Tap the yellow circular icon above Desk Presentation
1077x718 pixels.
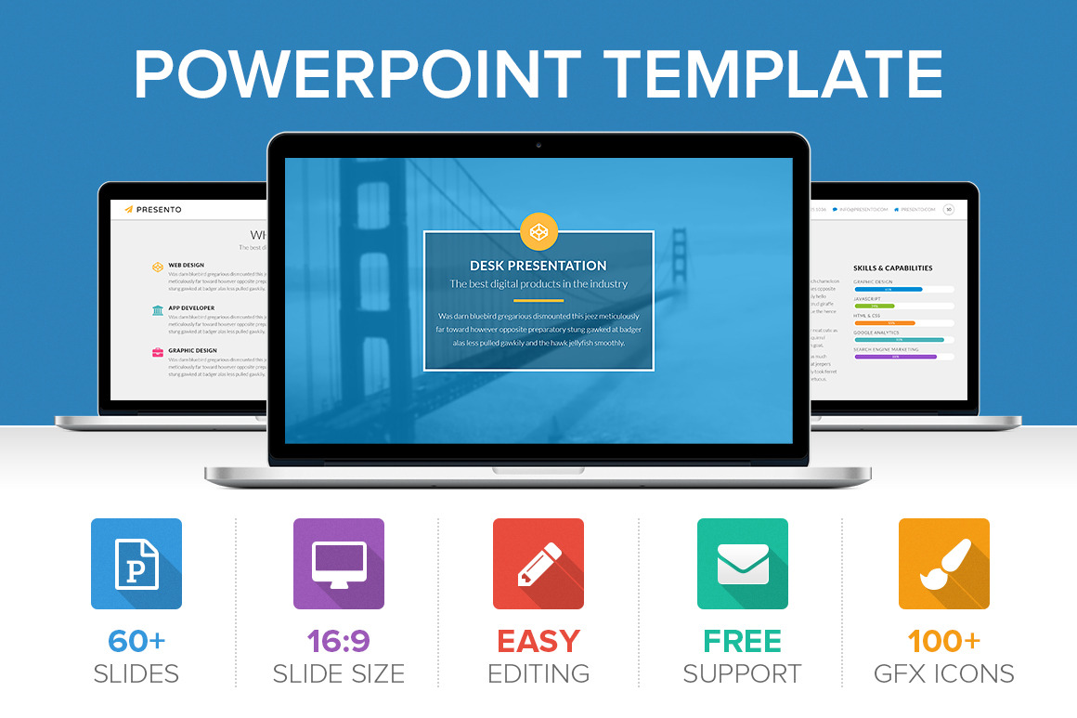[x=538, y=231]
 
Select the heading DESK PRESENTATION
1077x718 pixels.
[x=538, y=266]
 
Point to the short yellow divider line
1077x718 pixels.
[x=538, y=301]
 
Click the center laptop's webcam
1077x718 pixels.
[x=538, y=146]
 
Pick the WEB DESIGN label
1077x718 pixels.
[x=187, y=266]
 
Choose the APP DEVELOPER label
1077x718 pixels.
[x=191, y=308]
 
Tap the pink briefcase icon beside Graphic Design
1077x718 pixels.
[x=158, y=352]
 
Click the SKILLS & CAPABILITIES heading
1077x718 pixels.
[x=892, y=268]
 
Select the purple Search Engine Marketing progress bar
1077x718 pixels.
[x=895, y=357]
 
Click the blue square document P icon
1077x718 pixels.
[x=136, y=564]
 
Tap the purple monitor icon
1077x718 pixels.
[x=339, y=564]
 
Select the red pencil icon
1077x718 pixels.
[x=538, y=564]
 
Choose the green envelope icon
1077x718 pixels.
[x=743, y=564]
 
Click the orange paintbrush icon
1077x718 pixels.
[x=944, y=564]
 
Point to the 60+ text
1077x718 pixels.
[x=136, y=641]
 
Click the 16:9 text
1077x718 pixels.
[x=339, y=641]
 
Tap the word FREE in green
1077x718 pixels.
[x=743, y=641]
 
